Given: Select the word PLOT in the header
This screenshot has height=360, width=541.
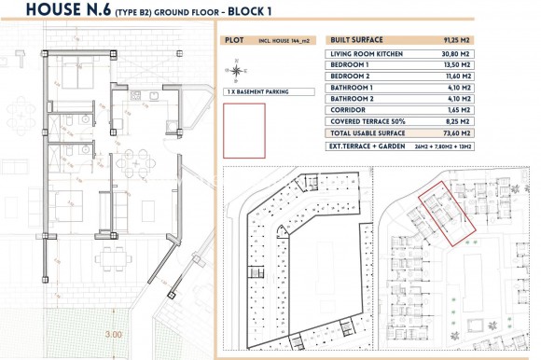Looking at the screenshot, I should pos(235,41).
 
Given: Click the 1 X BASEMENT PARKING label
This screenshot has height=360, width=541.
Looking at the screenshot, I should pos(258,92).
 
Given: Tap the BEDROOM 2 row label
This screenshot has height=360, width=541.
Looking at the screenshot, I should pos(350,76).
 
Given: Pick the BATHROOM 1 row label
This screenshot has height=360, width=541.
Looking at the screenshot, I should pos(352,87).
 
